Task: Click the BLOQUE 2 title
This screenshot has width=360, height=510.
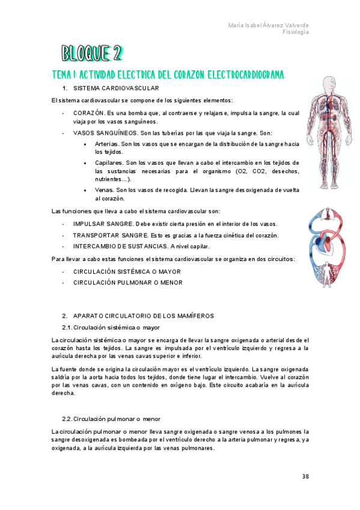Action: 91,54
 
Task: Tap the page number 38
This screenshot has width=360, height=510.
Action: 305,476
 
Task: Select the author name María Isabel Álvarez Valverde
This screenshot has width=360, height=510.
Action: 269,25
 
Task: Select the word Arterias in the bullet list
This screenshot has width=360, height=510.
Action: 106,144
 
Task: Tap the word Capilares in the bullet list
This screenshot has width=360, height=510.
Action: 109,163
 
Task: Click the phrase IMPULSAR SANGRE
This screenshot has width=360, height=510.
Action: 103,224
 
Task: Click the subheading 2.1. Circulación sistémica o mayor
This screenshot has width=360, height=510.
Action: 111,328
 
